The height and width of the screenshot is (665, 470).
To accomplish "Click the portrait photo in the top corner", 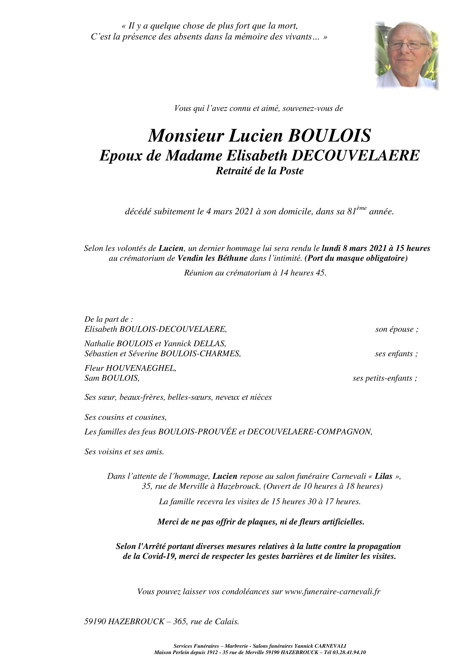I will coord(406,56).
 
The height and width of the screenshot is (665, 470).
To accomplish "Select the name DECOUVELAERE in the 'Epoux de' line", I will coord(355,156).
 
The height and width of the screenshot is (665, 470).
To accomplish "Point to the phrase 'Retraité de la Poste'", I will coord(260,171).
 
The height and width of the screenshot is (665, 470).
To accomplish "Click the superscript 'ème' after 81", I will coord(361,208).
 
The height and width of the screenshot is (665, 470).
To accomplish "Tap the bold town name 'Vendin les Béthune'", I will coord(212,258).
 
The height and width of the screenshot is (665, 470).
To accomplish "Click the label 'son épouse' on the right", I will coord(396,329).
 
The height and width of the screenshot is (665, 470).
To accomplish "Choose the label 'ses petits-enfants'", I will coord(384,378).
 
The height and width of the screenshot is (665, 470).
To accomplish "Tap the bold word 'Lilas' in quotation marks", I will coord(383,476).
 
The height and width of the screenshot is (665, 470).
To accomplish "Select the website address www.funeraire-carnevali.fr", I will coord(332,592).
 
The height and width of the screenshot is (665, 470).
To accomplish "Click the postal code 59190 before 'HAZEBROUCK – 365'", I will coord(95,622).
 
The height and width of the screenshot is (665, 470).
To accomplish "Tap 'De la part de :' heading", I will coord(108,319).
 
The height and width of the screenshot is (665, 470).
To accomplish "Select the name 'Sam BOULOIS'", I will coord(112,378).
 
